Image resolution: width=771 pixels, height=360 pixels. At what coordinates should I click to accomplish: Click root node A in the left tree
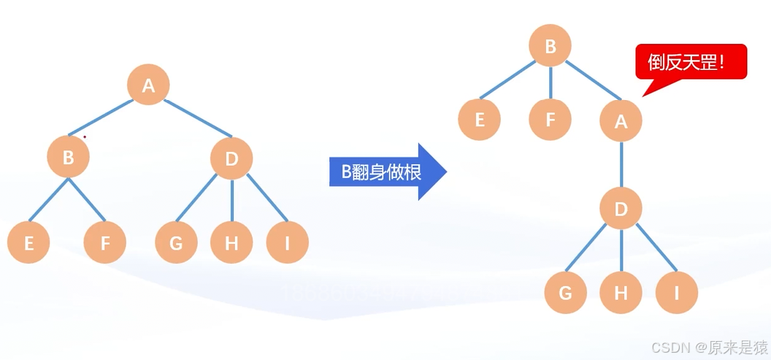coord(148,85)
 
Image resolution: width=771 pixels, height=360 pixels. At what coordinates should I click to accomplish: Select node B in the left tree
coord(68,156)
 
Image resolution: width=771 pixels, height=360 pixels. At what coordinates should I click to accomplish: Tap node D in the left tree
coord(231,157)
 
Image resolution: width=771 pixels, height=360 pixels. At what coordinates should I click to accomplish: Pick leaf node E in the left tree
coord(28,242)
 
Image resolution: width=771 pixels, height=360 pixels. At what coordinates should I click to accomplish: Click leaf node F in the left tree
coord(105,242)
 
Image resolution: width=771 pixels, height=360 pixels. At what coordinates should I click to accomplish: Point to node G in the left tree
coord(176,242)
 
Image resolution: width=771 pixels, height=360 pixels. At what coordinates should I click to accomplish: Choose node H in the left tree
coord(231,242)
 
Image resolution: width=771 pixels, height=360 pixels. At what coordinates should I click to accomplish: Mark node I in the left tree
coord(287,242)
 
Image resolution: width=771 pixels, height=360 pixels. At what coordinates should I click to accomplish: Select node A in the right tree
coord(621,120)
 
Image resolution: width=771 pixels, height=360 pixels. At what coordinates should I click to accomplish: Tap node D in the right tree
coord(621,210)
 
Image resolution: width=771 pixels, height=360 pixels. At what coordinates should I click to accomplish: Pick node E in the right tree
coord(480,120)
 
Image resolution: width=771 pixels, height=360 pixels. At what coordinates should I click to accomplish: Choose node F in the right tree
coord(551,120)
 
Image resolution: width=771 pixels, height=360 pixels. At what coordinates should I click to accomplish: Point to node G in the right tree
coord(565,293)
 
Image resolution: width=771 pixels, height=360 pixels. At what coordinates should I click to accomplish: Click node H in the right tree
coord(621,293)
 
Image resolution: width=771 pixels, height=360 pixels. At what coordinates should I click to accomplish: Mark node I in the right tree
coord(677,293)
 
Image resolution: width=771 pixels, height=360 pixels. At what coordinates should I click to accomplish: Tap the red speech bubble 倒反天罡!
coord(691,62)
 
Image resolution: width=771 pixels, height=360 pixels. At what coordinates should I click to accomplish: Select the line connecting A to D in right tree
coord(621,165)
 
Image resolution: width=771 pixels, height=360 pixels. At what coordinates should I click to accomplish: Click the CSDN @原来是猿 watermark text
coord(709,346)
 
